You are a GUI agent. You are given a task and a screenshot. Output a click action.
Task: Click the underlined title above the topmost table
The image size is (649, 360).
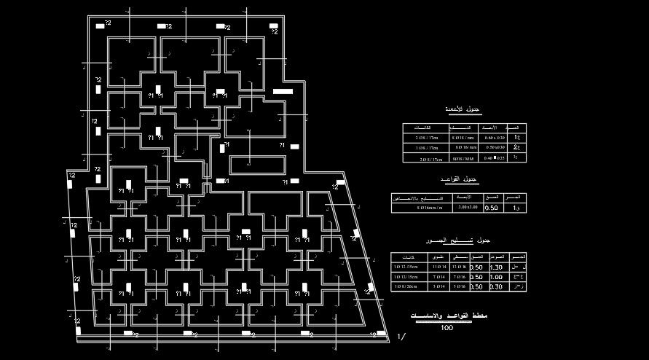pos(464,110)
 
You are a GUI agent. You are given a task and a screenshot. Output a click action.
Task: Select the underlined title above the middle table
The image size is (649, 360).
pos(460,179)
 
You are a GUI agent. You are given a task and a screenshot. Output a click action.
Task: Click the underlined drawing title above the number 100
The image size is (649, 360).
pos(447,316)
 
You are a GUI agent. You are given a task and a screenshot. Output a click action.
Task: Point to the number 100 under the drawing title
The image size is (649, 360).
pos(447,327)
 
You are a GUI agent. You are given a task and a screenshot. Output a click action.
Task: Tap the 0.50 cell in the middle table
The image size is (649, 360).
pos(492,208)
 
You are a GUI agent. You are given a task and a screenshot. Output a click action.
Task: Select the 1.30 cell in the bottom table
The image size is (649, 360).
pos(497,267)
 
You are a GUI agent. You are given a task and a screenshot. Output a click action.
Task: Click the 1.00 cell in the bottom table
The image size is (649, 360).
pos(497,277)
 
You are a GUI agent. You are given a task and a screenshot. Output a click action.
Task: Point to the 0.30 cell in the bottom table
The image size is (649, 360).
pos(497,287)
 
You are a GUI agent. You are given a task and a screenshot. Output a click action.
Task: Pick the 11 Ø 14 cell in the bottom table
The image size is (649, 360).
pos(439,267)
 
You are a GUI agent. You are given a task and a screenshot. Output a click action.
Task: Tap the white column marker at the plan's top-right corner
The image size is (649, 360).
pos(277,26)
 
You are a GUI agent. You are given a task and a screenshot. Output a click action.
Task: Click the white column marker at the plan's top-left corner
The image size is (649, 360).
pos(101,26)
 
